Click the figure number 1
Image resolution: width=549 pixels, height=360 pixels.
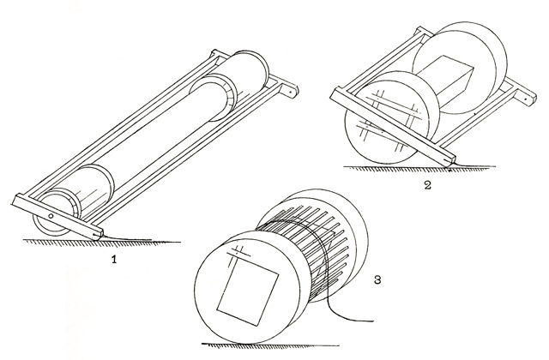coord(113,259)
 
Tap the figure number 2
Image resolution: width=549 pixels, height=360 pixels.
coord(427,184)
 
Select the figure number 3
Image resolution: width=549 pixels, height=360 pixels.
coord(377,279)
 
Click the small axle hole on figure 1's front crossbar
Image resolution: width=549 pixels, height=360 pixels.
coord(51,216)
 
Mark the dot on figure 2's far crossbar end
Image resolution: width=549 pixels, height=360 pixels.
coord(526,99)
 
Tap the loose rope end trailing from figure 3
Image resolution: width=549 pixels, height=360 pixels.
coord(350,312)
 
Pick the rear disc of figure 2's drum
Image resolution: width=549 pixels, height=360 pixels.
coord(460,67)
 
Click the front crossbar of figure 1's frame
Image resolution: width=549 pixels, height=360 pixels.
coord(57,217)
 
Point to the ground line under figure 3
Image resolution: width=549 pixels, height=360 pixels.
coord(270,345)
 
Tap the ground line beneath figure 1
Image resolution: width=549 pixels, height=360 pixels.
coord(101,241)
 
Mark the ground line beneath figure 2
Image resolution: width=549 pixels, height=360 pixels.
coord(419,167)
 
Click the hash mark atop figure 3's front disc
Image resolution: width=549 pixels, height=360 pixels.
coord(238,253)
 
